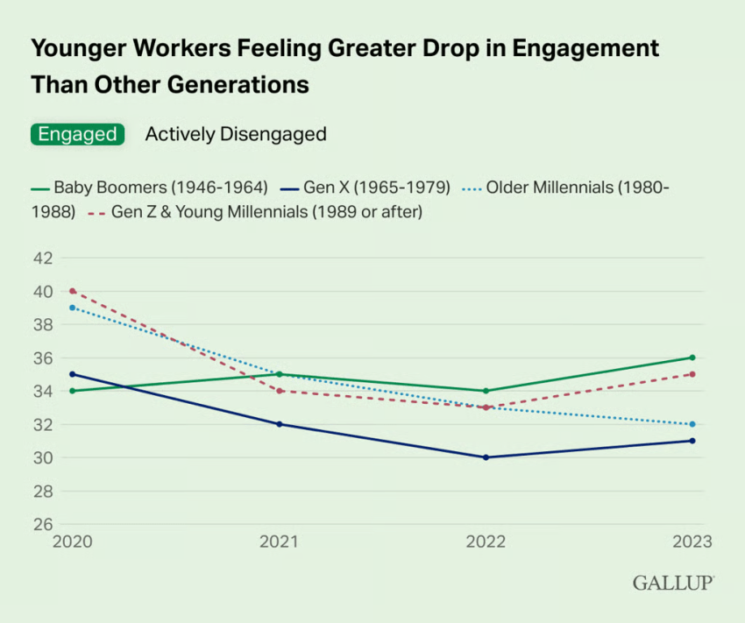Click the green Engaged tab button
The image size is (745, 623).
(77, 134)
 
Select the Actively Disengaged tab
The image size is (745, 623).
(236, 134)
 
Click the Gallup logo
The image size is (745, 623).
(672, 583)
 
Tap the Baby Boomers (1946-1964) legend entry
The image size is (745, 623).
(149, 187)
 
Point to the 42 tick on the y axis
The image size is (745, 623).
(43, 258)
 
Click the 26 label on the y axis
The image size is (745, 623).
(43, 524)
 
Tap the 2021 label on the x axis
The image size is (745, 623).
(279, 542)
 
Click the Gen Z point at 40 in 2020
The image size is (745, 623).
(72, 291)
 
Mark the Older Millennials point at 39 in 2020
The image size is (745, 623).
(72, 308)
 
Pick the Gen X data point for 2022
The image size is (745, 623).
(486, 457)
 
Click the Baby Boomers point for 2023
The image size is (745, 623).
(692, 358)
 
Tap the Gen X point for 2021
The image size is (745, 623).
(279, 424)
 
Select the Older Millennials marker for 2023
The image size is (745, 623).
(692, 424)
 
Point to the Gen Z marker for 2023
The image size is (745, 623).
(692, 374)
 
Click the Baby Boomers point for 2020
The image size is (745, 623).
(72, 391)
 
